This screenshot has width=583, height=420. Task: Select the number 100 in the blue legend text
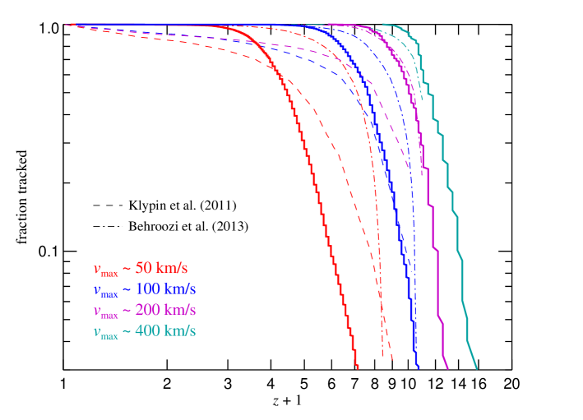coord(148,289)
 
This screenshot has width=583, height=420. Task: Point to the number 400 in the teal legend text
coord(148,332)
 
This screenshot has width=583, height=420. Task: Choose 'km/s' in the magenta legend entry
coord(181,311)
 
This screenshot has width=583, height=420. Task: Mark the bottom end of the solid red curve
coord(358,367)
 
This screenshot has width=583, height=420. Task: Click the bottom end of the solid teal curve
coord(476,367)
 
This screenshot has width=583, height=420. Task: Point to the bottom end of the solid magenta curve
coord(447,367)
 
